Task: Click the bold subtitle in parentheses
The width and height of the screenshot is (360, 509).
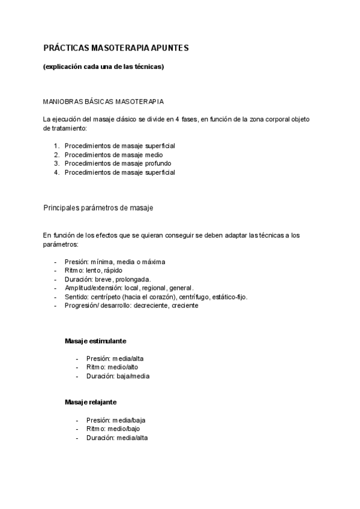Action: click(x=104, y=67)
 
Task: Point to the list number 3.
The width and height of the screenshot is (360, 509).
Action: click(x=56, y=163)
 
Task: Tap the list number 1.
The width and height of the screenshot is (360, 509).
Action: click(x=56, y=146)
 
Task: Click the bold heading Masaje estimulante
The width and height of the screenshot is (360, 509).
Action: click(x=95, y=341)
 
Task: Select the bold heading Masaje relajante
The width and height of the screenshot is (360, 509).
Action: click(x=91, y=402)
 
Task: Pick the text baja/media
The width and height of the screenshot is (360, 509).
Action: click(x=133, y=376)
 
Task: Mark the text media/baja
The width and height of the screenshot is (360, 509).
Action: click(x=133, y=420)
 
